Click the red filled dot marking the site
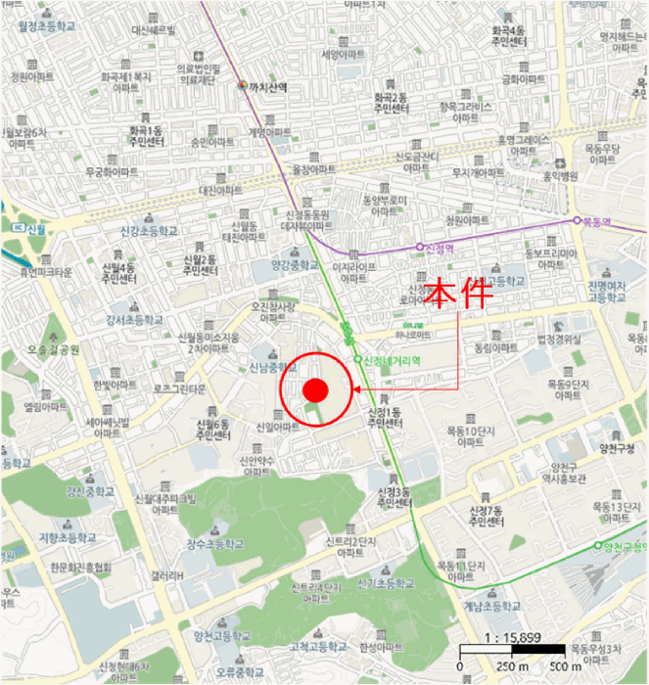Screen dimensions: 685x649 click(314, 389)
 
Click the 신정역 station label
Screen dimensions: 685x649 click(442, 248)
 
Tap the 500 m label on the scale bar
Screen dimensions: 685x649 click(565, 667)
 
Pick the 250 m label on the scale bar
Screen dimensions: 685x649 click(510, 667)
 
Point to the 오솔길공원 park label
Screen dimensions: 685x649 click(54, 349)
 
